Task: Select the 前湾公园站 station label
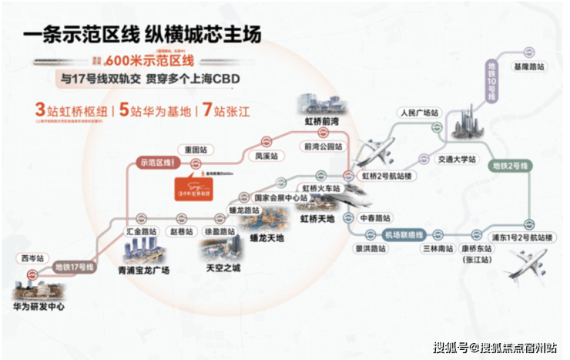coord(321,145)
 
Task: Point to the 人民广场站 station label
coord(419,113)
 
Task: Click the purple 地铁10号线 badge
coord(491,89)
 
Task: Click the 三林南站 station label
coord(437,250)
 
